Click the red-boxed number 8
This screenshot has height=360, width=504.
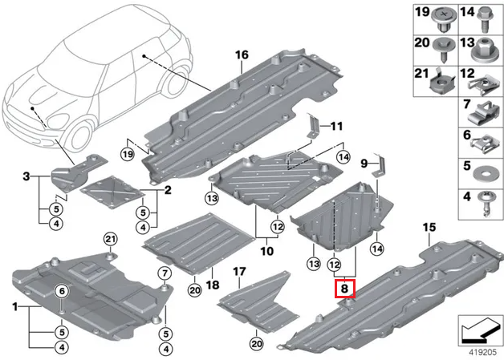[343, 288]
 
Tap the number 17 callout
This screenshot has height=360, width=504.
[238, 273]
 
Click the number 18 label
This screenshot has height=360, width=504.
[212, 285]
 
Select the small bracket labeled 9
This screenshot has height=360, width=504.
[376, 172]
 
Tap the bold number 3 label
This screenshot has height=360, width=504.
[26, 176]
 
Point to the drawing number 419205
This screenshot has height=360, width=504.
[478, 350]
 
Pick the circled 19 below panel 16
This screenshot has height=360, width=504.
[127, 154]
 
